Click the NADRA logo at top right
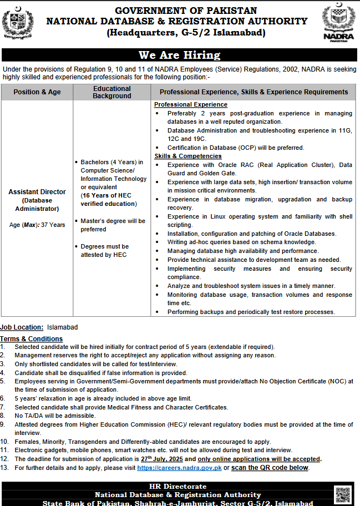coord(337,23)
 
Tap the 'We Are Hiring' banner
coord(179,55)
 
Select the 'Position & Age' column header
coord(37,92)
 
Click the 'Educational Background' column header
coord(112,92)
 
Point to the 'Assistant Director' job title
coord(37,192)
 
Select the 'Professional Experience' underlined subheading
coord(191,104)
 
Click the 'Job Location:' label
coord(22,327)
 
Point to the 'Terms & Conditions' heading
coord(32,338)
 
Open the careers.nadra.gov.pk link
coord(179,468)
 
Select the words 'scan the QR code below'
coord(270,468)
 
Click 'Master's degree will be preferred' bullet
coord(113,225)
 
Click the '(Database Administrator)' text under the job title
coord(37,205)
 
